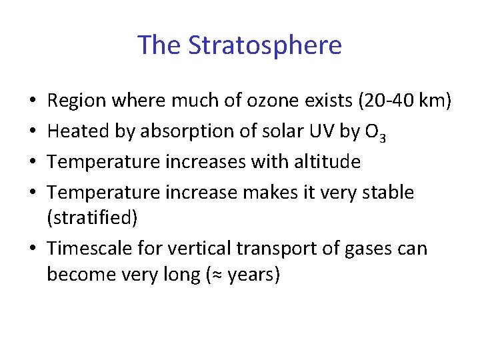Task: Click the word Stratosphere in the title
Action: pos(265,45)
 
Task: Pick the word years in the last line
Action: pos(251,275)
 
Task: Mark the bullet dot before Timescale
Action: pos(33,249)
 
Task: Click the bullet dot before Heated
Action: pos(33,132)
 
